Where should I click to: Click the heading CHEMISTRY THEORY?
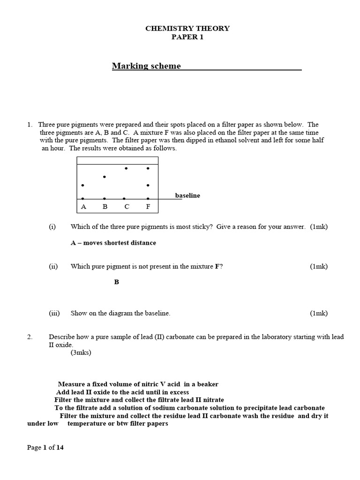[187, 28]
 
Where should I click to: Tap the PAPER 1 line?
[187, 37]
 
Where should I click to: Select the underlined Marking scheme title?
[146, 66]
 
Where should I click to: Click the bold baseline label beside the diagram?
[187, 195]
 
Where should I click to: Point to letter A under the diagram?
[83, 206]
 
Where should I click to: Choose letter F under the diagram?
[148, 206]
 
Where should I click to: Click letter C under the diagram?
[127, 206]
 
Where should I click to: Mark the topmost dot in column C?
[126, 168]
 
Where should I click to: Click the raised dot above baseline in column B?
[104, 177]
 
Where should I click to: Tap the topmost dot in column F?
[148, 168]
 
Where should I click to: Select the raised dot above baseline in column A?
[83, 186]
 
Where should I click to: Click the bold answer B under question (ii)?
[117, 282]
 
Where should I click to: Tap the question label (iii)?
[54, 313]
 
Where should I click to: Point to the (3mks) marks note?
[81, 352]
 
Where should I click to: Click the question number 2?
[29, 337]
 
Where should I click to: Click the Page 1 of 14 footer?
[45, 448]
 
